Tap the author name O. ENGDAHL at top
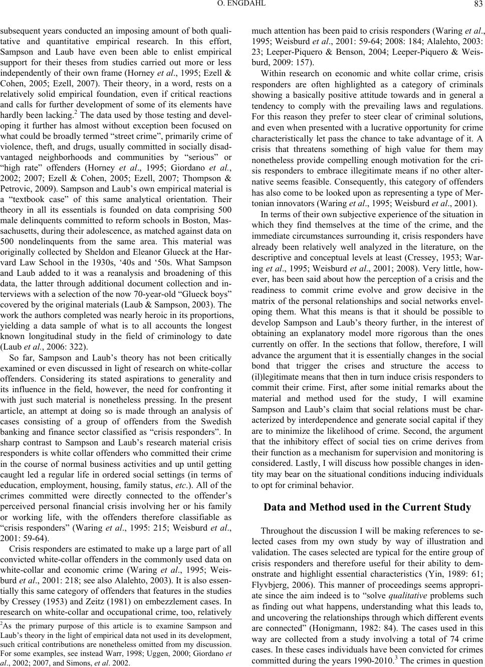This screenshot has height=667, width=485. (243, 6)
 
